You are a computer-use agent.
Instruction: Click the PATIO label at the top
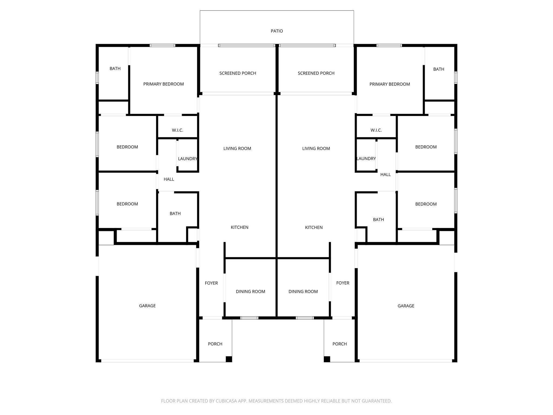point(277,31)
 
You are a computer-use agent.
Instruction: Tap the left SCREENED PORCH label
point(238,73)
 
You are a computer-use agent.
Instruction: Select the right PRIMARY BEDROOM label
point(390,84)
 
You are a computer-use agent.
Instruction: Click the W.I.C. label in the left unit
point(177,130)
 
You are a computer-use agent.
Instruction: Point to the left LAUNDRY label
point(188,159)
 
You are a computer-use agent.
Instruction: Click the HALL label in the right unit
point(385,175)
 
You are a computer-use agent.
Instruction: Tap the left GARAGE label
point(147,306)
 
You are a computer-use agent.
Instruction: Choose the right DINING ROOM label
point(303,292)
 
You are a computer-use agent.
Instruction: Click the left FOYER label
point(211,283)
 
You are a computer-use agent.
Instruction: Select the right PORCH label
point(339,344)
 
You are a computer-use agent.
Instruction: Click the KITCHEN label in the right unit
point(314,227)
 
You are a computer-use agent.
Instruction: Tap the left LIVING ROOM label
point(237,149)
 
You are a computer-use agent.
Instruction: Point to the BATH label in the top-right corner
point(439,69)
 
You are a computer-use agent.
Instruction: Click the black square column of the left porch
point(229,359)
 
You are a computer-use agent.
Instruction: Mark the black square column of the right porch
point(327,359)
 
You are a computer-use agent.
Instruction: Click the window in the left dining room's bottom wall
point(249,318)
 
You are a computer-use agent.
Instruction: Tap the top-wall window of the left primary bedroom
point(163,45)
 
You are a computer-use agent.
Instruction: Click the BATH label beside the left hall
point(175,214)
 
